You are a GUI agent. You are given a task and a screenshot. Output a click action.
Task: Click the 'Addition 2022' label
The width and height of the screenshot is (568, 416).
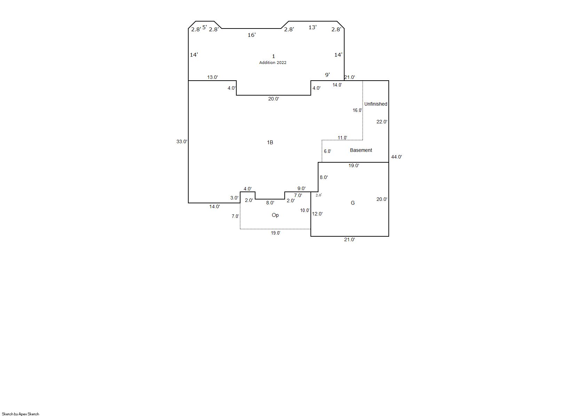pyautogui.click(x=273, y=63)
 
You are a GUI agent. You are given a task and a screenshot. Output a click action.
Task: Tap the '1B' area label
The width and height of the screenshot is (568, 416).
pyautogui.click(x=270, y=142)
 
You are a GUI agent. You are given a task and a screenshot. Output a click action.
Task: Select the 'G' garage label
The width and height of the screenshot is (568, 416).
pyautogui.click(x=353, y=203)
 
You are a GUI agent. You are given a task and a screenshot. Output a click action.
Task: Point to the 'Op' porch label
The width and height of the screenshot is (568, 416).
pyautogui.click(x=275, y=215)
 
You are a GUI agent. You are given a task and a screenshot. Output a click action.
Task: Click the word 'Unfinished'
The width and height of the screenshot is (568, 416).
pyautogui.click(x=376, y=104)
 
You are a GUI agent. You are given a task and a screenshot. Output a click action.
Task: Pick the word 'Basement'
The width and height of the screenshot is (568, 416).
pyautogui.click(x=361, y=150)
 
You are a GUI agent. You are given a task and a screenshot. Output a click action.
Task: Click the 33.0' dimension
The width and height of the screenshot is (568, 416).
pyautogui.click(x=182, y=141)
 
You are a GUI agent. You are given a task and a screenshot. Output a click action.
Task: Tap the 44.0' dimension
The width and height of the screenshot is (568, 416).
pyautogui.click(x=396, y=157)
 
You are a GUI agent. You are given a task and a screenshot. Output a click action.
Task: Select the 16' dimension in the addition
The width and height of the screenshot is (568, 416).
pyautogui.click(x=252, y=35)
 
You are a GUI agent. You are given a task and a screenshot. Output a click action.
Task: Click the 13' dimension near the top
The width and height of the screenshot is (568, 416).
pyautogui.click(x=313, y=27)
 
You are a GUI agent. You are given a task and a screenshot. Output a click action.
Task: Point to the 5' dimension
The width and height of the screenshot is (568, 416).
pyautogui.click(x=205, y=27)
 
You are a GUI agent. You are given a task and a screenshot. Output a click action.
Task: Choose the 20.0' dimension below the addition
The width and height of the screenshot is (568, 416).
pyautogui.click(x=274, y=99)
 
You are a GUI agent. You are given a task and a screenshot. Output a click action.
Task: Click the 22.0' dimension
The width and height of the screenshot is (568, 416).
pyautogui.click(x=381, y=122)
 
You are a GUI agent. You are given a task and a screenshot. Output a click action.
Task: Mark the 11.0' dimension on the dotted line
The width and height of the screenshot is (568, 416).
pyautogui.click(x=342, y=138)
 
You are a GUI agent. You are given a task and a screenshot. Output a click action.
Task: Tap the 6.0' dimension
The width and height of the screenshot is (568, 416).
pyautogui.click(x=328, y=151)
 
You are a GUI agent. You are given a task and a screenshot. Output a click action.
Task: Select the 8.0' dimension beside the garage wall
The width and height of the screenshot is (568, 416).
pyautogui.click(x=324, y=177)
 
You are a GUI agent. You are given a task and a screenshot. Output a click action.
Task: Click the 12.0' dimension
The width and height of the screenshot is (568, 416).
pyautogui.click(x=317, y=214)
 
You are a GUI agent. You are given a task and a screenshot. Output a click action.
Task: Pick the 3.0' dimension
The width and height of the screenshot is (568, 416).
pyautogui.click(x=234, y=198)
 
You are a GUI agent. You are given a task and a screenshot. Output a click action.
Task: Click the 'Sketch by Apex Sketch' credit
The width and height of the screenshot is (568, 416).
pyautogui.click(x=21, y=414)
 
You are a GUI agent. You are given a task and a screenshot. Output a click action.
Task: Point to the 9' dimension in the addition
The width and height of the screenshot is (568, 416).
pyautogui.click(x=328, y=75)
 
